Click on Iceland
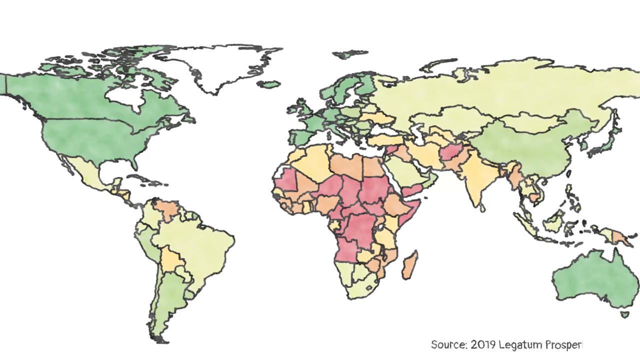(x=270, y=84)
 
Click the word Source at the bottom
(x=449, y=344)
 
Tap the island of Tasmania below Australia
(x=623, y=314)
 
